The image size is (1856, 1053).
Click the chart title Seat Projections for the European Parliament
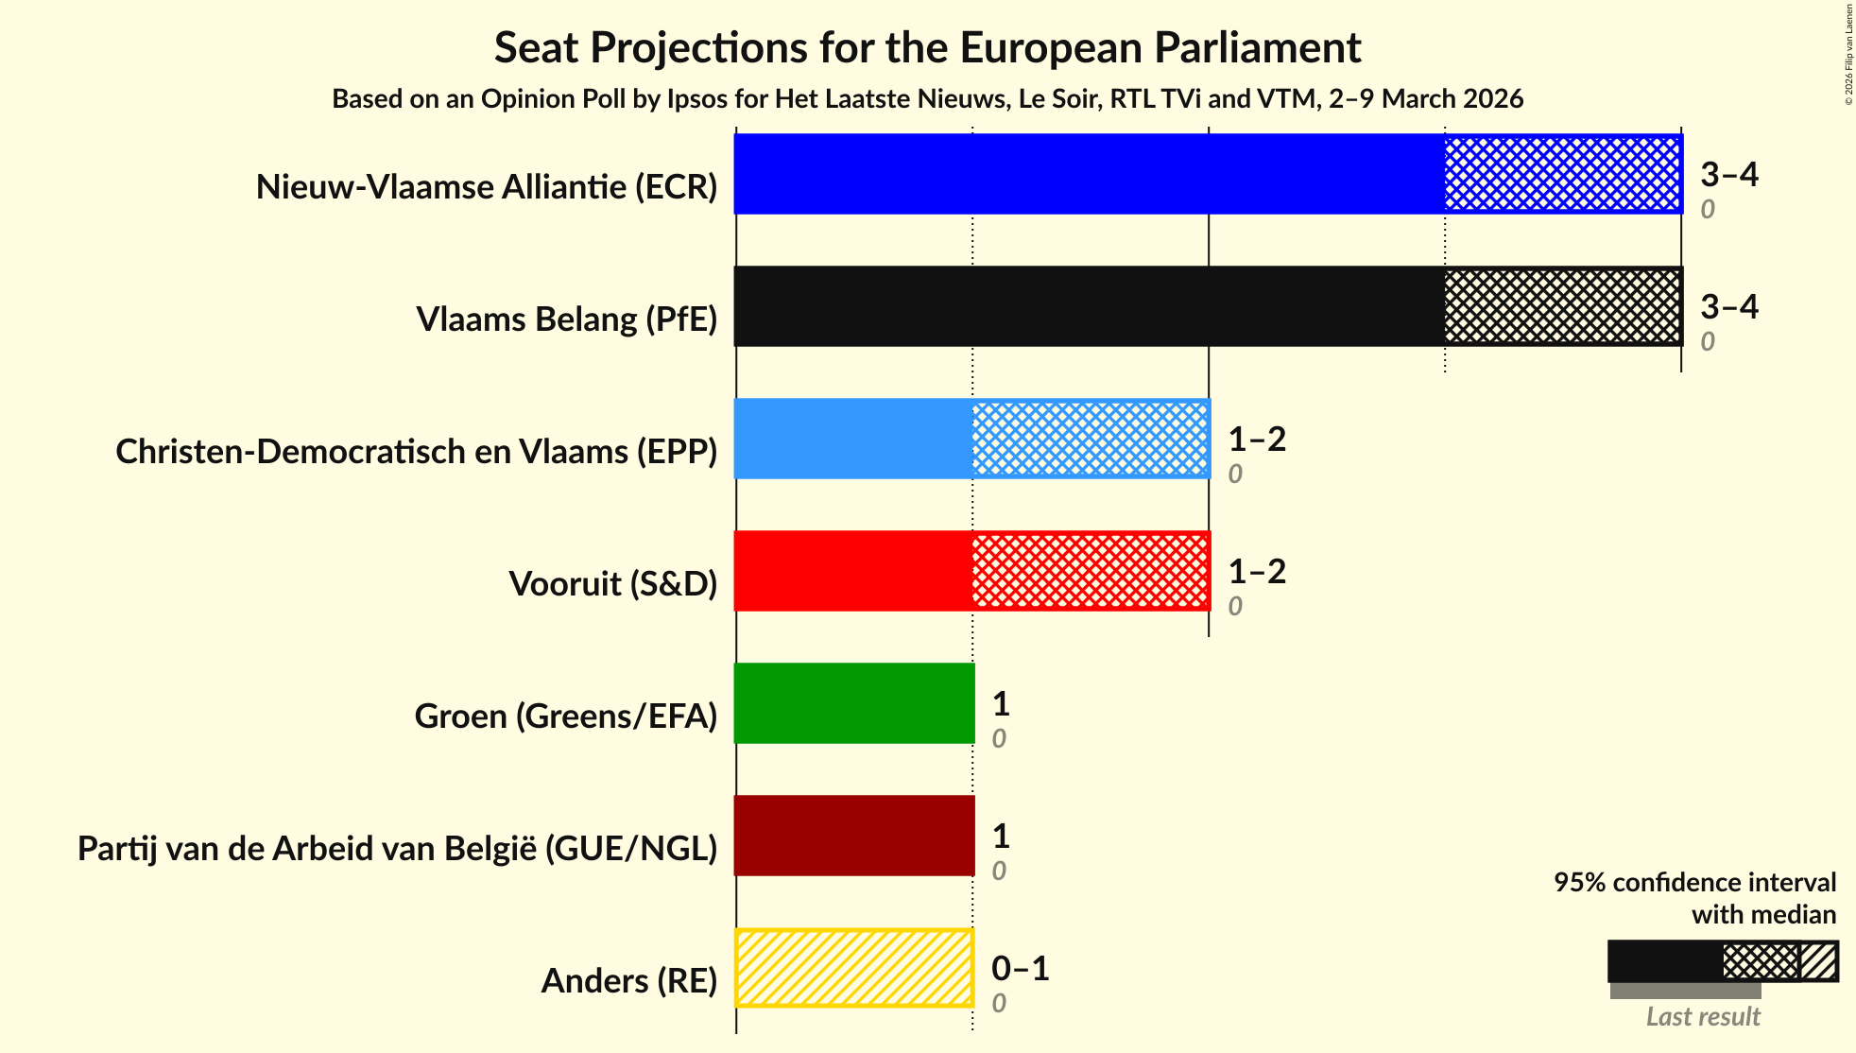927,47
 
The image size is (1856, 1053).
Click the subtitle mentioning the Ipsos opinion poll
927,99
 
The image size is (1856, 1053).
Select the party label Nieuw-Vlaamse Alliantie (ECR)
487,187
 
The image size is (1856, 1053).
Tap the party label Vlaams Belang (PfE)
567,319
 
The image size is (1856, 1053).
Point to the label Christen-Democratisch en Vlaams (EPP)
417,452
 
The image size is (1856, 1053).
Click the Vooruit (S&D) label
613,584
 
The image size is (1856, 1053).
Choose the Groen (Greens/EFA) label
566,716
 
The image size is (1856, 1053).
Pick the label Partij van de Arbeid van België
398,849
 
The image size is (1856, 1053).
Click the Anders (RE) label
629,981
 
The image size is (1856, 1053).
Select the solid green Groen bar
854,703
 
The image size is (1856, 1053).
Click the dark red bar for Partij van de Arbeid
854,836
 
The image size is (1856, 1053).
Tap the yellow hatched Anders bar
854,968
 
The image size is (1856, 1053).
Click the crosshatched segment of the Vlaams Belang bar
1563,306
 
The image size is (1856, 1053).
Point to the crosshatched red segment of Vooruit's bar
1091,571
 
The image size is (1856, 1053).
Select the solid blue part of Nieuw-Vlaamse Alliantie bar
1089,174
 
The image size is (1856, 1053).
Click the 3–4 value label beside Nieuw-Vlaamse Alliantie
1728,175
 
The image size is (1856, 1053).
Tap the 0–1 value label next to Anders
1020,969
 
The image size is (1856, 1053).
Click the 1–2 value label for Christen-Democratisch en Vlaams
1256,440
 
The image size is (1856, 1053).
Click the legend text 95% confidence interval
1694,882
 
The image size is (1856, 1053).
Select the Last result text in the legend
1703,1017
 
